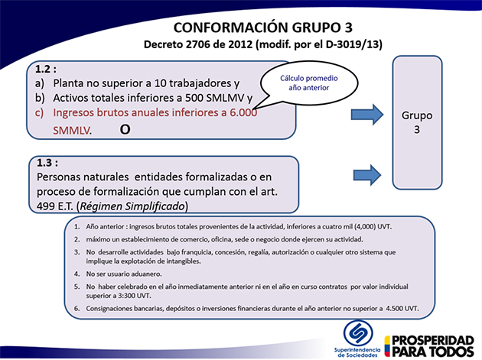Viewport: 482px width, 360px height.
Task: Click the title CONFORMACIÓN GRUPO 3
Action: (x=263, y=28)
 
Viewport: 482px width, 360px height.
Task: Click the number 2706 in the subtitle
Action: (x=198, y=44)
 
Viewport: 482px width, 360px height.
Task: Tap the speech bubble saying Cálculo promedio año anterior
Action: (x=309, y=83)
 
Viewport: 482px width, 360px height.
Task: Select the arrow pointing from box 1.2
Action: (x=367, y=115)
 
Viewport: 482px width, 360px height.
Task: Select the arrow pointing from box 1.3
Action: (x=367, y=175)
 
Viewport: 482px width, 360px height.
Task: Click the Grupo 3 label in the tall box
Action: (x=417, y=122)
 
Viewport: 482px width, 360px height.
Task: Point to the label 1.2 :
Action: (x=46, y=69)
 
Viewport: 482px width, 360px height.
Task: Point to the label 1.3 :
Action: (x=47, y=163)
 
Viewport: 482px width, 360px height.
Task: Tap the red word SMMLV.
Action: (x=72, y=131)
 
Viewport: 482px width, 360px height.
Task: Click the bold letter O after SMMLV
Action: (x=125, y=129)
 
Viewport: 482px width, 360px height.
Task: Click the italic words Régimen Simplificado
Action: (x=132, y=206)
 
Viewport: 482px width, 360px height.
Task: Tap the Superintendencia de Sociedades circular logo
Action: (x=358, y=333)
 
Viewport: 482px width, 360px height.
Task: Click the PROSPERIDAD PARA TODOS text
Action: (x=433, y=346)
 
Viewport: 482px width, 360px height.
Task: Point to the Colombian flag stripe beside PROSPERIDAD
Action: (x=387, y=346)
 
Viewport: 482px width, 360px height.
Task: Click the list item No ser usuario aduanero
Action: (x=124, y=274)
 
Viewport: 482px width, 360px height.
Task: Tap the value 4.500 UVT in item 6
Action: (x=402, y=308)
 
